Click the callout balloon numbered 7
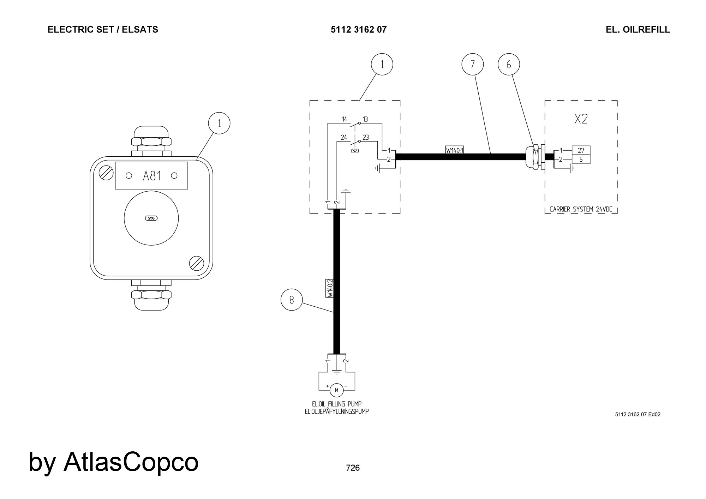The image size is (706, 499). coord(472,64)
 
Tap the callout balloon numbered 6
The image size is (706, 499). coord(509,64)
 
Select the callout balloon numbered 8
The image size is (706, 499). coord(292,300)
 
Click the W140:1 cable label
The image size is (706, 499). coord(454,150)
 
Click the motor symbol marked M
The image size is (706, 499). coord(336,390)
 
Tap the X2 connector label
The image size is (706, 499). coord(581,119)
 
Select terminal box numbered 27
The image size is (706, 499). coord(581,150)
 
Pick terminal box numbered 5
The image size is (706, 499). coord(581,160)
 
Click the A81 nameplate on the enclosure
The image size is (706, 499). coord(151,175)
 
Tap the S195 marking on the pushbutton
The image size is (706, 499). coord(151,218)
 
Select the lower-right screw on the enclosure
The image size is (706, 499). coord(196,263)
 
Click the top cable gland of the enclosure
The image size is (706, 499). coord(151,142)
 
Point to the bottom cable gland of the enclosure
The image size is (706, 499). coord(151,295)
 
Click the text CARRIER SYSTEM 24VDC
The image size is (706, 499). coord(581,209)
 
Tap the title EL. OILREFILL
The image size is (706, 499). coord(638,30)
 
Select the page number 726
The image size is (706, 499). coord(353,468)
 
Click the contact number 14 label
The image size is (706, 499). coord(344,119)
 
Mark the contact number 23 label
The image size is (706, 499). coord(365,137)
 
